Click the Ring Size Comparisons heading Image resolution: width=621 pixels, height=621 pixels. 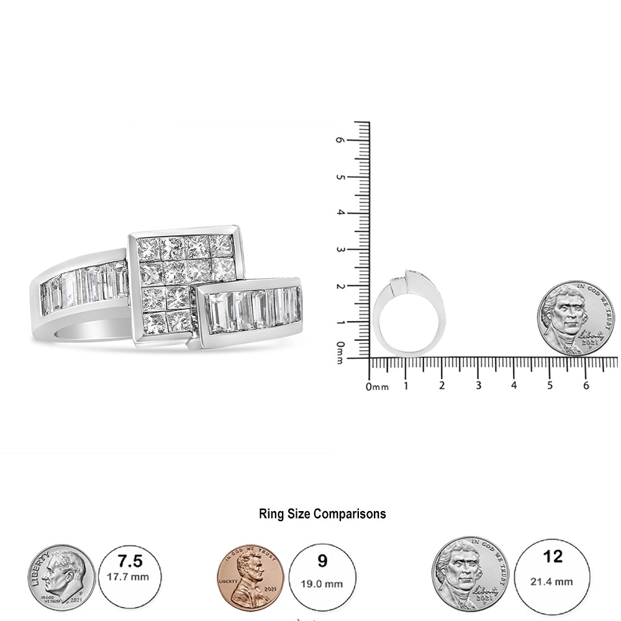coord(322,514)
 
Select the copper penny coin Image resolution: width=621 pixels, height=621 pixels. coord(253,578)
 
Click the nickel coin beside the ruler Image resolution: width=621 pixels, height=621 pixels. coord(575,318)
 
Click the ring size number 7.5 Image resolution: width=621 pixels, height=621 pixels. coord(130,561)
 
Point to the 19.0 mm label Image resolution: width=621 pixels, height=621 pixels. coord(322,584)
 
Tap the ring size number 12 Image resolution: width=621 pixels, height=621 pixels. coord(553,556)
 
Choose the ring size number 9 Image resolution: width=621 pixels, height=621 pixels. coord(322,561)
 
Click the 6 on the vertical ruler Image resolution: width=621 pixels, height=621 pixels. coord(340,140)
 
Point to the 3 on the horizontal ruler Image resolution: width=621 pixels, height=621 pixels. coord(478,386)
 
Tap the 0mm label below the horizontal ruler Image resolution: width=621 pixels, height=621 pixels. coord(377,387)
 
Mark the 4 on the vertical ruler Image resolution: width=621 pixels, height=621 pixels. coord(340,213)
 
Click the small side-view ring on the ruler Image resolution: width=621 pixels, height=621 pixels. coord(409,314)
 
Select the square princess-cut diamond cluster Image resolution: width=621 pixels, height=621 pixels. coord(184,283)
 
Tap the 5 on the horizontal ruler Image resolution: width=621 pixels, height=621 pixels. coord(550,386)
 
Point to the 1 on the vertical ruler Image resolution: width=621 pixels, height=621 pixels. coord(340,323)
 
